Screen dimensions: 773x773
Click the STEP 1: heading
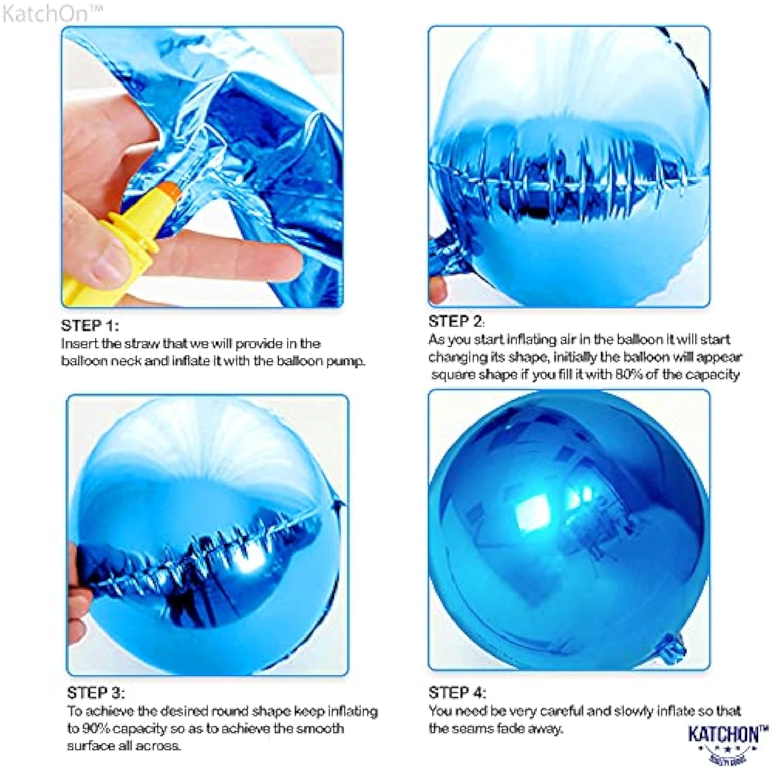90,326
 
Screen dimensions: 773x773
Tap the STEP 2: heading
457,322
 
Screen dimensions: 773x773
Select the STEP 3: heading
95,693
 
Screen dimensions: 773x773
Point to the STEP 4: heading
457,693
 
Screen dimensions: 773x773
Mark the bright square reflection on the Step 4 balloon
532,512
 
